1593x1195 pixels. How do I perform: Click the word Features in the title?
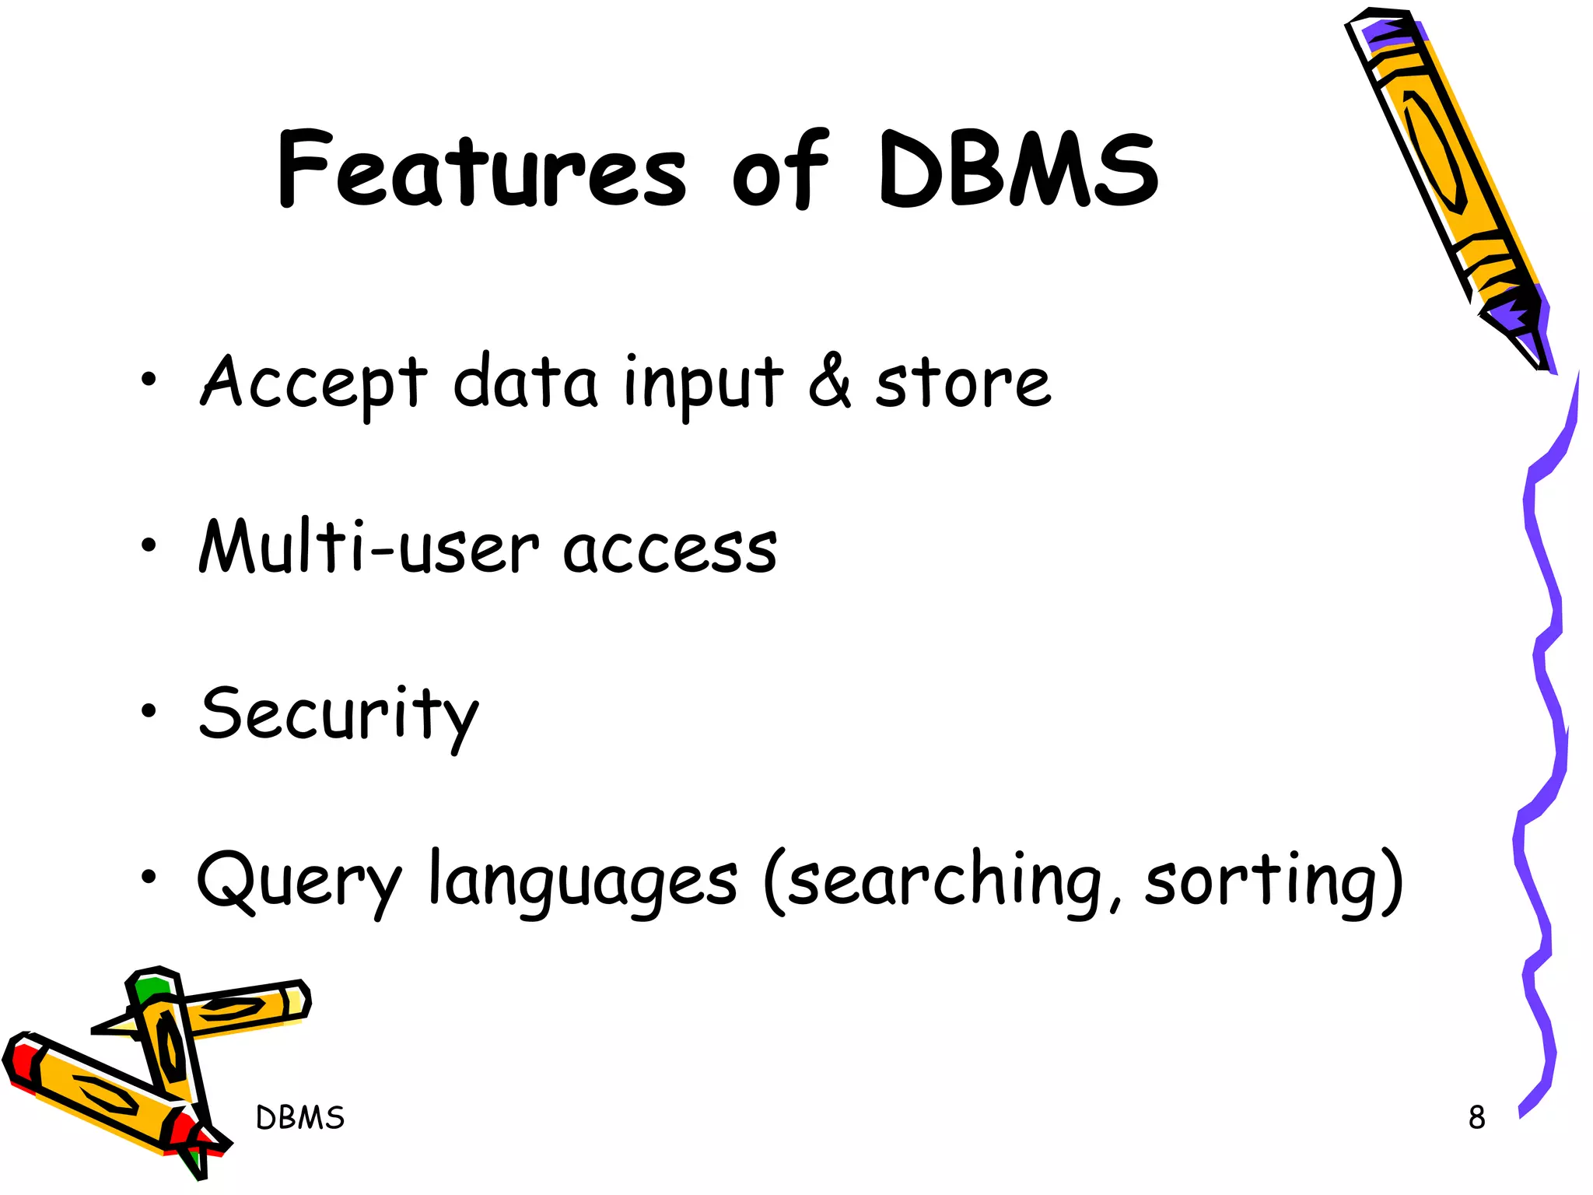click(482, 171)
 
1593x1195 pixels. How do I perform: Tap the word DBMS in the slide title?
click(1019, 171)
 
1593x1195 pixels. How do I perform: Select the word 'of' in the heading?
click(780, 171)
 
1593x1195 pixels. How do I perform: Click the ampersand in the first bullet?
click(830, 381)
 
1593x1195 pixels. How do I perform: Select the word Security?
click(338, 716)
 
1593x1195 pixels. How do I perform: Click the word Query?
click(299, 883)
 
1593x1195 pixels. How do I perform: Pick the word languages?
click(583, 883)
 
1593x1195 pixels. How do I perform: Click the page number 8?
click(1476, 1118)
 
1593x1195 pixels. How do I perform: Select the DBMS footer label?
click(300, 1118)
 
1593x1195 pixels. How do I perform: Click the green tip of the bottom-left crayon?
click(150, 989)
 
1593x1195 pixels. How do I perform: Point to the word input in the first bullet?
click(703, 385)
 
